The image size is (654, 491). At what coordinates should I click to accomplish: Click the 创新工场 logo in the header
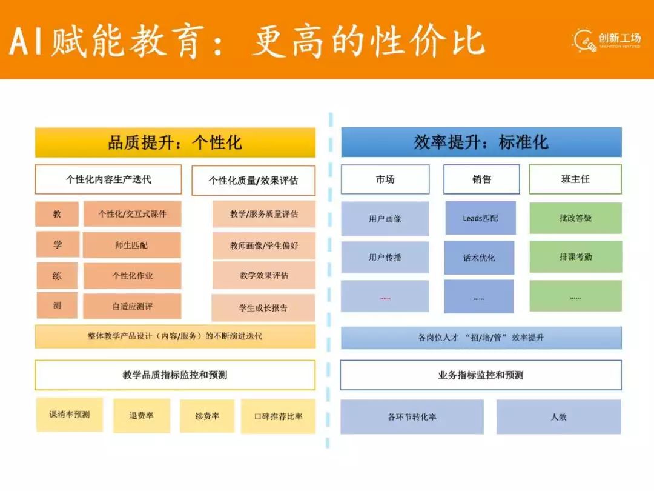point(607,39)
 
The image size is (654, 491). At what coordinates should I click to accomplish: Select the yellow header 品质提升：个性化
point(175,142)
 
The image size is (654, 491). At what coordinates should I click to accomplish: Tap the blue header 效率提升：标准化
point(481,142)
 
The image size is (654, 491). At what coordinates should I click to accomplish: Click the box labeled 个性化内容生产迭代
point(108,179)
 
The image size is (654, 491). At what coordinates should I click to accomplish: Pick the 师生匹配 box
point(132,245)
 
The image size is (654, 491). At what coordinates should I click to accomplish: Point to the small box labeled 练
point(58,276)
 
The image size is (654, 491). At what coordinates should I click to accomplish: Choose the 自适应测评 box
point(132,307)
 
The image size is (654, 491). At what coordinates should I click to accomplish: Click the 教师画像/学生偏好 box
point(263,245)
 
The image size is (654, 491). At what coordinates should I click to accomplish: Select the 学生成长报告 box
point(263,308)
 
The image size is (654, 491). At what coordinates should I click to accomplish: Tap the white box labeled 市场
point(385,179)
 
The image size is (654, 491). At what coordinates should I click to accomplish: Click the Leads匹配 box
point(481,218)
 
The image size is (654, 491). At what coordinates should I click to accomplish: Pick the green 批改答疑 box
point(575,218)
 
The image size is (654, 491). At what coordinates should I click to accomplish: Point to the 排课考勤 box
point(575,257)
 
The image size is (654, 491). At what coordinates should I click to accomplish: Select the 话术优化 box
point(479,258)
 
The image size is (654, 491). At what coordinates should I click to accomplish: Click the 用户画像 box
point(385,219)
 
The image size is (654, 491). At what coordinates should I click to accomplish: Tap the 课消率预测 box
point(70,415)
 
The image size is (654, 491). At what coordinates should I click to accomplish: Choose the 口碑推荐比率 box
point(278,416)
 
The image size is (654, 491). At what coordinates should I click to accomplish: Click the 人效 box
point(559,417)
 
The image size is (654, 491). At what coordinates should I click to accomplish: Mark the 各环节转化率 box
point(412,417)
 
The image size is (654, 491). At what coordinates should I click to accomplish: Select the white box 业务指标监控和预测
point(481,375)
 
